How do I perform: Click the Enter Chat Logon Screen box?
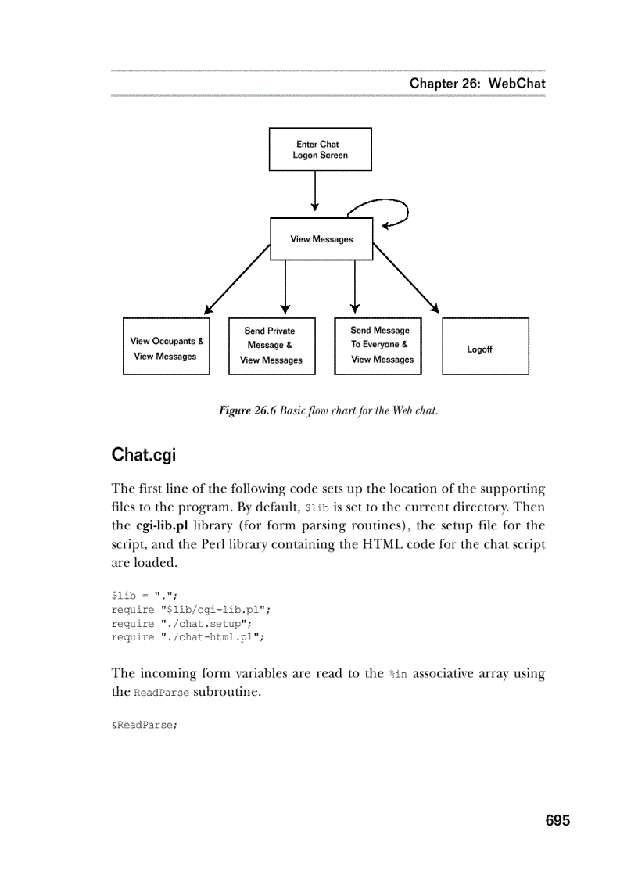pyautogui.click(x=320, y=149)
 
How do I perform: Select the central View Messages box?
pyautogui.click(x=321, y=239)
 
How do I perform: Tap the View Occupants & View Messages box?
pyautogui.click(x=167, y=346)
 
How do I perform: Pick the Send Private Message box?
pyautogui.click(x=271, y=346)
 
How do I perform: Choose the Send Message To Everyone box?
pyautogui.click(x=378, y=346)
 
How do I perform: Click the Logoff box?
pyautogui.click(x=485, y=346)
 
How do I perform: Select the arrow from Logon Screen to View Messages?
pyautogui.click(x=315, y=192)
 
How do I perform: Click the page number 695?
pyautogui.click(x=557, y=820)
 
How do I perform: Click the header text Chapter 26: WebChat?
pyautogui.click(x=477, y=84)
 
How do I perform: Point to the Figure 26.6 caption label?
pyautogui.click(x=247, y=411)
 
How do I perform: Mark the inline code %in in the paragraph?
pyautogui.click(x=398, y=674)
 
